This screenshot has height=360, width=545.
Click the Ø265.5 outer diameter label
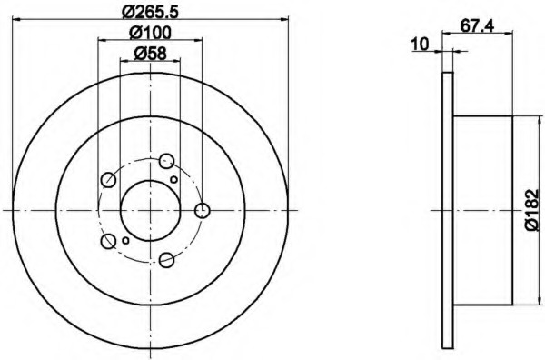151,12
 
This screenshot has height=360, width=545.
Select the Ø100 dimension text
151,33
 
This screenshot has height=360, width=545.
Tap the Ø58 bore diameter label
151,54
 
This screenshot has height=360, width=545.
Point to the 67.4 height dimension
477,26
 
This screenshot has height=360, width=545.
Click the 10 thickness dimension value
421,45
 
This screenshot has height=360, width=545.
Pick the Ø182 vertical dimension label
531,210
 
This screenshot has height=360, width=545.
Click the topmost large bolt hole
166,161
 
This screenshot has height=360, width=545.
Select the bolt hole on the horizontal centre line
202,210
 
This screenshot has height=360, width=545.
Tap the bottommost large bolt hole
167,260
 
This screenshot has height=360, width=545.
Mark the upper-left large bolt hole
108,180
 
